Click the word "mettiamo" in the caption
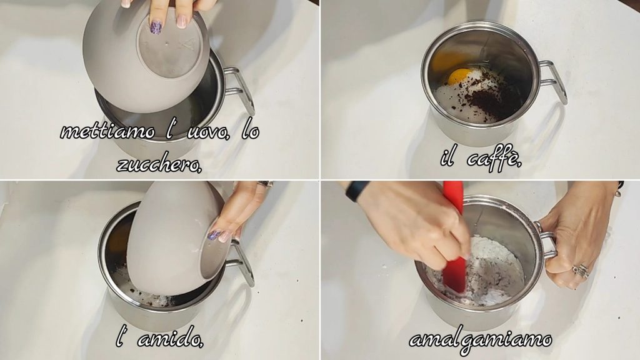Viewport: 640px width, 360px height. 108,131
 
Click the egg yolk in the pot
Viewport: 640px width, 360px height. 459,76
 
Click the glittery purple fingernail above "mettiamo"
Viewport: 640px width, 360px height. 156,27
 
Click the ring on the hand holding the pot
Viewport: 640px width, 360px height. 581,271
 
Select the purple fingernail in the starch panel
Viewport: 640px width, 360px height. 214,235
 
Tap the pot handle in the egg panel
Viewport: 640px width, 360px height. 239,91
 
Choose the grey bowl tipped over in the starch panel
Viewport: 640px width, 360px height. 176,239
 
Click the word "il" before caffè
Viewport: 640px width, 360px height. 447,157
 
